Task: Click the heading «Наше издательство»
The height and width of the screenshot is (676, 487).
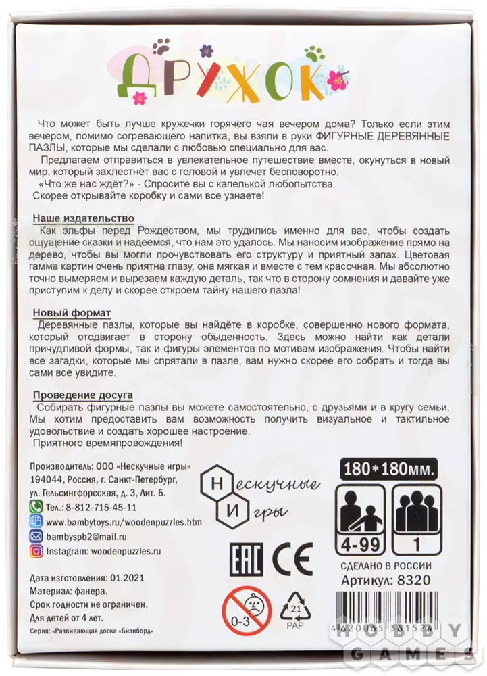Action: [x=83, y=219]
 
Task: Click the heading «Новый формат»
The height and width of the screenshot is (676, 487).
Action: [x=72, y=314]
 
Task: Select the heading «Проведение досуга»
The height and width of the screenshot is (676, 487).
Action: [x=82, y=395]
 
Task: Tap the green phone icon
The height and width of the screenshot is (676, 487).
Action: [x=38, y=506]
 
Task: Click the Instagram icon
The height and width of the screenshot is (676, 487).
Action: [x=38, y=551]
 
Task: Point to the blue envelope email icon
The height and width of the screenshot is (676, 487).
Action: [x=38, y=536]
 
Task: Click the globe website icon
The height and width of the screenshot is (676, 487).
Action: [x=38, y=521]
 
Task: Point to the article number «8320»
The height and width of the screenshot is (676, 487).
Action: [x=415, y=579]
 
